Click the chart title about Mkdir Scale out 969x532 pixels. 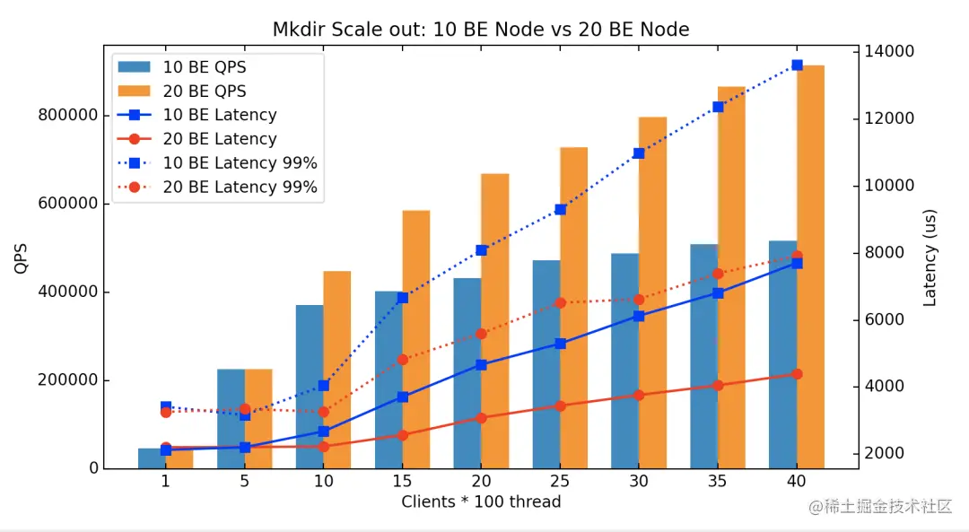click(x=481, y=30)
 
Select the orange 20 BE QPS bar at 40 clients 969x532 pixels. click(x=810, y=269)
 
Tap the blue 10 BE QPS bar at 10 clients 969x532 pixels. click(x=310, y=386)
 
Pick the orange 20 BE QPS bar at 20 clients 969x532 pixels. click(x=495, y=323)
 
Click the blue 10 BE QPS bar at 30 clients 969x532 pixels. click(x=624, y=359)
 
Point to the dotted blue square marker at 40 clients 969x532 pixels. click(x=797, y=65)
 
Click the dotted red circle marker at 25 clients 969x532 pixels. click(x=560, y=302)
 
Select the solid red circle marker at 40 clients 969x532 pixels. click(x=797, y=373)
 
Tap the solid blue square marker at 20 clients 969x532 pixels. click(x=481, y=364)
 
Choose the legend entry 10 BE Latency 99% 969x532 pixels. click(x=240, y=163)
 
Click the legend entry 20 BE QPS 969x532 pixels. click(x=204, y=92)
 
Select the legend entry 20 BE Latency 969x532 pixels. click(x=219, y=139)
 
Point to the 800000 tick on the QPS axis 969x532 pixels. click(x=67, y=116)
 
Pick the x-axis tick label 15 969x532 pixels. click(x=402, y=482)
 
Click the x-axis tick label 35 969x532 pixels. click(x=718, y=482)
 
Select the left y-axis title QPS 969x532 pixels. click(x=22, y=260)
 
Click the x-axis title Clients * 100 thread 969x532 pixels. click(x=481, y=501)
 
